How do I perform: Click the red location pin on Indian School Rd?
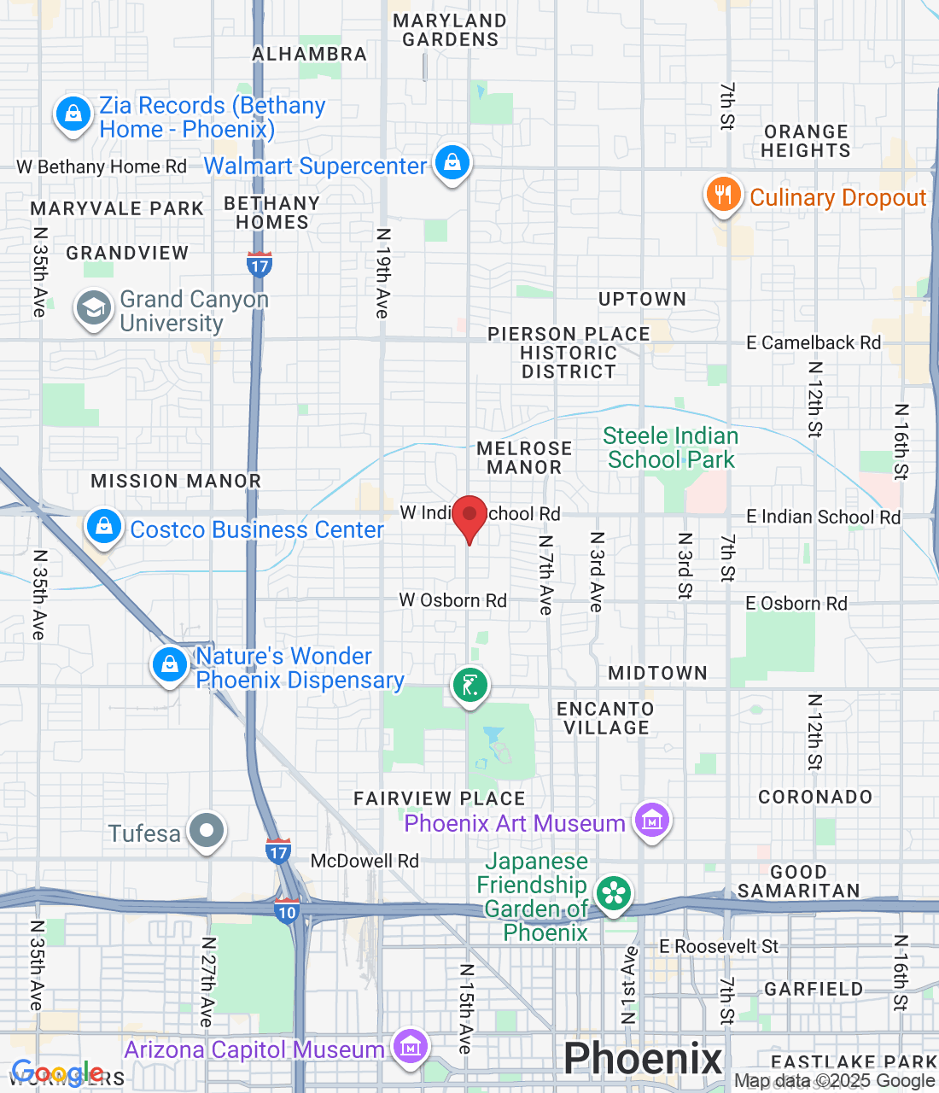tap(469, 517)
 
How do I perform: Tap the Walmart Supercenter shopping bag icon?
tap(452, 162)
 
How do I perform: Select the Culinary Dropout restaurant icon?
tap(723, 195)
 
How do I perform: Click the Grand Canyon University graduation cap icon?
tap(93, 308)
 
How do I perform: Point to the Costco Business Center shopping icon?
tap(104, 527)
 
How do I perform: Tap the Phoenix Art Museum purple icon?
tap(652, 821)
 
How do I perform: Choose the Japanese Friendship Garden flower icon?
tap(613, 894)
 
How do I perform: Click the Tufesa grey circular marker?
tap(207, 830)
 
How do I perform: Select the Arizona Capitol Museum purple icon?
tap(410, 1047)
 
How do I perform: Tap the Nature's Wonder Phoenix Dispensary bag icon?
tap(170, 664)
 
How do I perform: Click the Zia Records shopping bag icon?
tap(73, 114)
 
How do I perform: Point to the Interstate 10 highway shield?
tap(287, 910)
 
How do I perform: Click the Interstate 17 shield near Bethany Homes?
tap(260, 264)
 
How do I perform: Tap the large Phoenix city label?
tap(643, 1059)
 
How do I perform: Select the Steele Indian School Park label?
tap(671, 448)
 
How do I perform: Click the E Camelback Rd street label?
tap(813, 343)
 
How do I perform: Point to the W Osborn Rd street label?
tap(452, 600)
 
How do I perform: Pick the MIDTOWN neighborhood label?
tap(657, 674)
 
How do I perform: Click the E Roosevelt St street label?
tap(719, 946)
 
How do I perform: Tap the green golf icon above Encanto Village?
tap(469, 684)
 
